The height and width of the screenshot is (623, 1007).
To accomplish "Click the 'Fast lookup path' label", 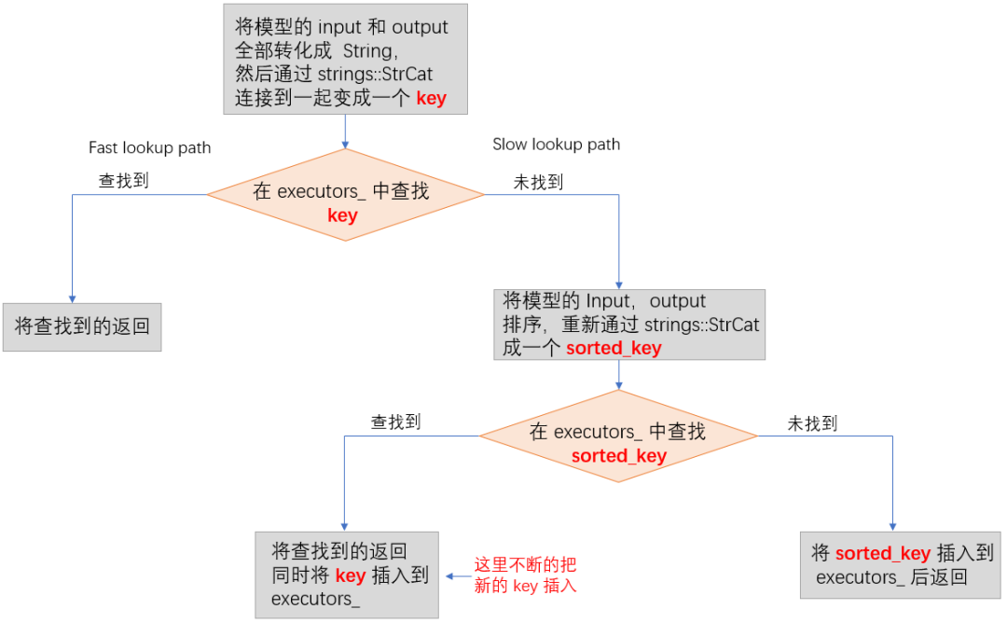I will click(149, 147).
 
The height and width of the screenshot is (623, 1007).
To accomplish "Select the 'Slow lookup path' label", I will click(556, 145).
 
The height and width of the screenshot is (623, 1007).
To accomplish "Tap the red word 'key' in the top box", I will click(431, 98).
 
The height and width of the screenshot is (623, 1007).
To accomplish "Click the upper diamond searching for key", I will click(345, 195).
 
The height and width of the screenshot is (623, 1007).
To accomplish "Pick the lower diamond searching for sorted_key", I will click(618, 436).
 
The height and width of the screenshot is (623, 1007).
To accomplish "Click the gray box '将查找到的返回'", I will click(82, 326).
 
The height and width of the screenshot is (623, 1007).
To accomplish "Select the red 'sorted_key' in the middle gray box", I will click(614, 348).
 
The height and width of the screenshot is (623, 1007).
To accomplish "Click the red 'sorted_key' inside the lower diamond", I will click(618, 455).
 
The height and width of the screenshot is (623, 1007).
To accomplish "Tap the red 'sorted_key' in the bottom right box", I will click(882, 553).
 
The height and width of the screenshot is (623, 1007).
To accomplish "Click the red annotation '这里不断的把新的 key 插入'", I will click(525, 575).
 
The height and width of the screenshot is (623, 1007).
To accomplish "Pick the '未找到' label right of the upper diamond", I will click(538, 182).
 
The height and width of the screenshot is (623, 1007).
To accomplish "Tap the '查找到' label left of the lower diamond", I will click(395, 422).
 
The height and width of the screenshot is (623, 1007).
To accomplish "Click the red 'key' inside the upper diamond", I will click(342, 215).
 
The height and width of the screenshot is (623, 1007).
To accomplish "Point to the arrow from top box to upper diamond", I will click(345, 132).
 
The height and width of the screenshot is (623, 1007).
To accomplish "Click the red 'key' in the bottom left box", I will click(351, 575).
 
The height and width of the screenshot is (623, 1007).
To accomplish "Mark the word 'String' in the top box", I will click(366, 51).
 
